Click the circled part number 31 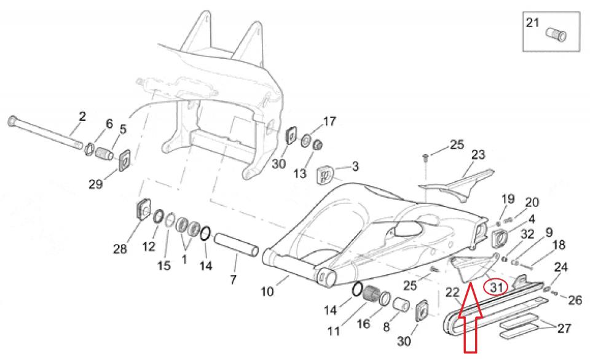coord(496,288)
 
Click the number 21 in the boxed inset coord(532,23)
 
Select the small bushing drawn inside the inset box coord(556,34)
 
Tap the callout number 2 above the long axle coord(82,116)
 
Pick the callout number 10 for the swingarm coord(267,291)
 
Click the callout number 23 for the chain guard coord(478,155)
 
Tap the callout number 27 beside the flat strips coord(564,329)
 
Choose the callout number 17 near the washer coord(329,122)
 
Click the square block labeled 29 coord(125,160)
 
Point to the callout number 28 coord(120,249)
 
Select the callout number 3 coord(355,166)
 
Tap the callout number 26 coord(575,300)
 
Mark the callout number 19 coord(508,199)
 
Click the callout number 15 coord(163,265)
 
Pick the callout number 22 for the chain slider coord(453,292)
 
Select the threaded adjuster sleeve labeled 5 coord(104,154)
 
